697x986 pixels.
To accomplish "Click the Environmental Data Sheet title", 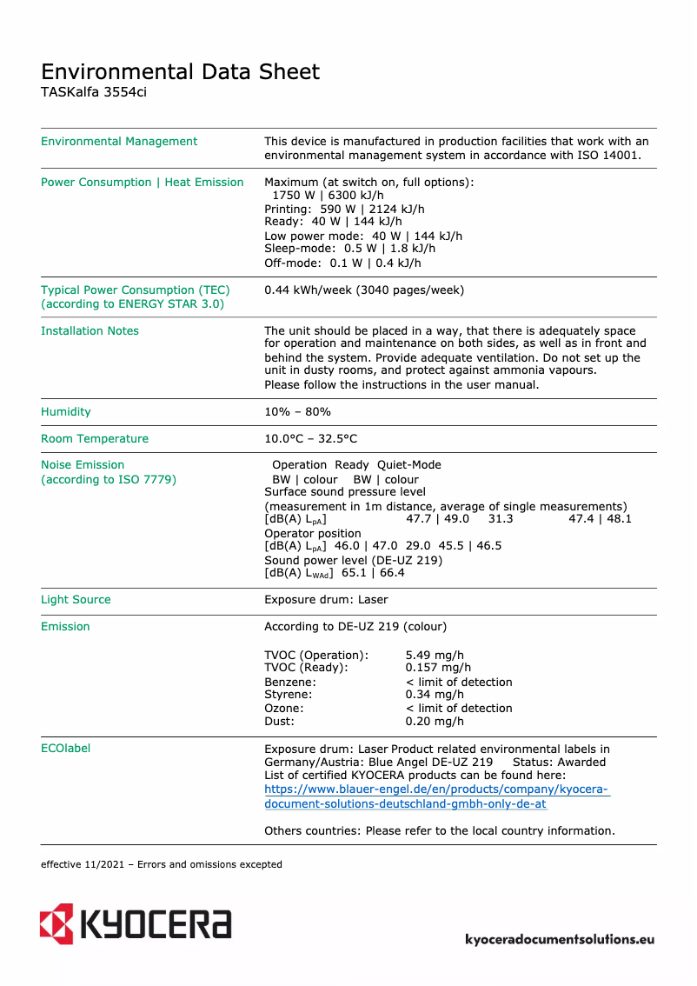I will (180, 71).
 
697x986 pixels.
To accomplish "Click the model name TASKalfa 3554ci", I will (94, 92).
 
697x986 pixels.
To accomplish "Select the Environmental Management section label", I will (119, 142).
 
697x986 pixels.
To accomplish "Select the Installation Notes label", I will (90, 331).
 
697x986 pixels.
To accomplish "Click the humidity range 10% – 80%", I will (297, 412).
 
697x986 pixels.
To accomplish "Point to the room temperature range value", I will (310, 439).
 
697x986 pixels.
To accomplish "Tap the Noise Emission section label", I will (83, 465).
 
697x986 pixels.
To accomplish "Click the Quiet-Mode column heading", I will (408, 465).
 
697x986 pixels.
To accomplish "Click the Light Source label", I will (76, 600).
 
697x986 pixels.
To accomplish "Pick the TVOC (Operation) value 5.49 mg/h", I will (435, 656).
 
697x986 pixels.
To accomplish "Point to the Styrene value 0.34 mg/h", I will (435, 695).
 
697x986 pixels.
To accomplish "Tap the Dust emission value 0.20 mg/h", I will (435, 722).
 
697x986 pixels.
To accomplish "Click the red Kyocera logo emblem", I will (56, 923).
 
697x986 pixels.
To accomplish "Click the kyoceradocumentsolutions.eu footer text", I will (560, 939).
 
